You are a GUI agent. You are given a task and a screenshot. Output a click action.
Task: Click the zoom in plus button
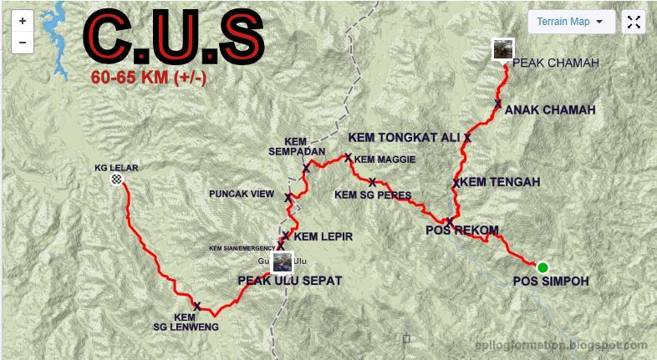23,21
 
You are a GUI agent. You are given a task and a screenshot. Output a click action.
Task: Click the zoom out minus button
23,42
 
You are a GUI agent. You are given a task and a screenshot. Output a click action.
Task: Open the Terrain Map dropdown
571,22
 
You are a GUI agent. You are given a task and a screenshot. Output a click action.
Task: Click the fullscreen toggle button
634,23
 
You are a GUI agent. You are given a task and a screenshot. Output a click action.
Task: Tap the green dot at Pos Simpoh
542,267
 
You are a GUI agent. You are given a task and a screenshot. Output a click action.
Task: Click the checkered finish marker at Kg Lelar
116,180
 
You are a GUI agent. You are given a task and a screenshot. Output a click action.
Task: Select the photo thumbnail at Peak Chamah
502,50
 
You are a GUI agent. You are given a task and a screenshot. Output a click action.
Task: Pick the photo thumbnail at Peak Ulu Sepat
283,261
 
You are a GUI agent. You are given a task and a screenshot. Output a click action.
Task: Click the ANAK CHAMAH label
550,109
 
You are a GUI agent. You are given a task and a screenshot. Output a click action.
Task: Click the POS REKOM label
462,231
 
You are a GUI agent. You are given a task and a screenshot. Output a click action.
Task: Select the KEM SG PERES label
373,195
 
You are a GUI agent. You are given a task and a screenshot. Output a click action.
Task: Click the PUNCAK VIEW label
242,195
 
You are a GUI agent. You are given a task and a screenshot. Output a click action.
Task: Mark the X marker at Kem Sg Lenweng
196,306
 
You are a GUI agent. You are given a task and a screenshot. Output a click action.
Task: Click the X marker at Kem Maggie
349,157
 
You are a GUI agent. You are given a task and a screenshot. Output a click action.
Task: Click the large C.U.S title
173,37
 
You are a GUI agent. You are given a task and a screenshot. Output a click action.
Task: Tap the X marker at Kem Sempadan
306,168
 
